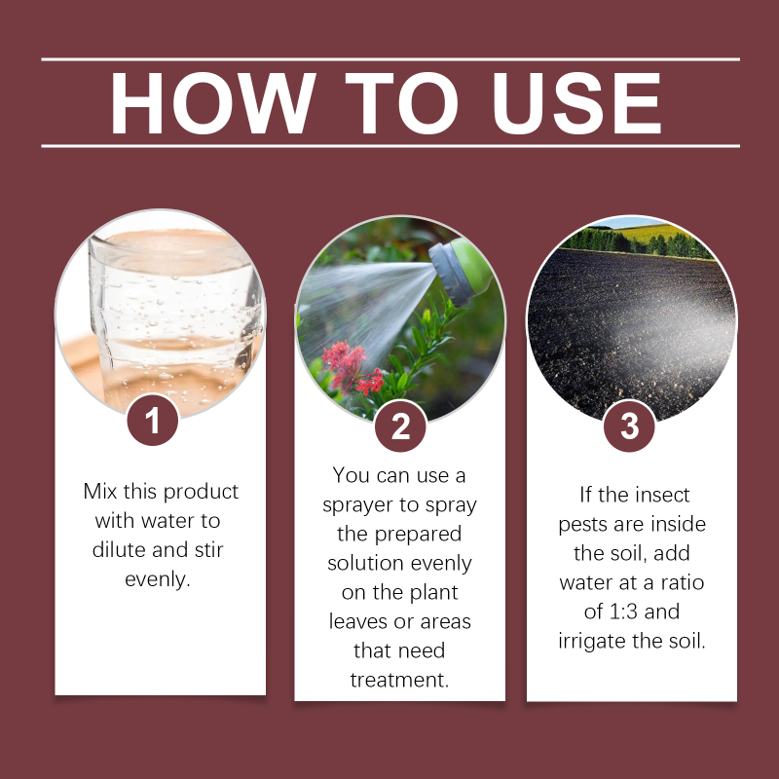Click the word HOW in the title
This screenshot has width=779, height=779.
point(213,103)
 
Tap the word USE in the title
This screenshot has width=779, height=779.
point(576,103)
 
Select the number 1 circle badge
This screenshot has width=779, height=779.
point(153,420)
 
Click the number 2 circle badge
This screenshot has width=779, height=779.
point(400,426)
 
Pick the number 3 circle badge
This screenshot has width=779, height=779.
point(629,426)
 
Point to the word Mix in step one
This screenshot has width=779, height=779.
point(100,492)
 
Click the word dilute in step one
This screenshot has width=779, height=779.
point(119,550)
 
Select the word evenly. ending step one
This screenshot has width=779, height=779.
point(158,579)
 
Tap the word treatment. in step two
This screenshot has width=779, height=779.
point(399,680)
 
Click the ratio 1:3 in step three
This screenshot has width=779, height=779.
point(623,612)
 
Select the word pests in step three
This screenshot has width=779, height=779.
point(582,525)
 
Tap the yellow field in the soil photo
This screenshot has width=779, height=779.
point(650,233)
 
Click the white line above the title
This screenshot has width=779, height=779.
point(390,59)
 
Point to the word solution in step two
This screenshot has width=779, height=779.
point(365,564)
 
